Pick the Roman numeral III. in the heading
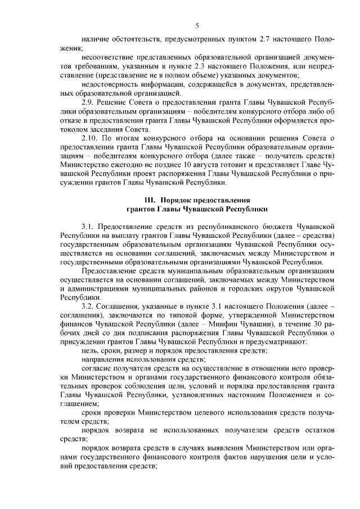(152, 200)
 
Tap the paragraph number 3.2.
(90, 305)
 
